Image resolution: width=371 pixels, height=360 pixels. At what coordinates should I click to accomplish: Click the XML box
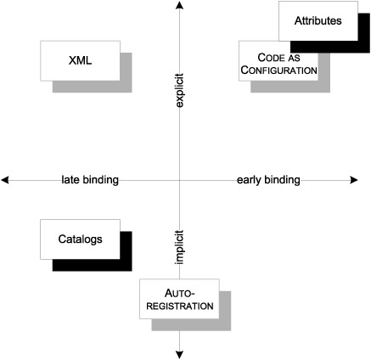(x=80, y=61)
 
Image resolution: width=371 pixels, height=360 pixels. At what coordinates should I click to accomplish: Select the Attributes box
(x=318, y=21)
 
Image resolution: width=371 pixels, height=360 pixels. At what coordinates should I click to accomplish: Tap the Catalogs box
(x=80, y=239)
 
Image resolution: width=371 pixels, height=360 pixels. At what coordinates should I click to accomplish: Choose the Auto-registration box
(x=179, y=299)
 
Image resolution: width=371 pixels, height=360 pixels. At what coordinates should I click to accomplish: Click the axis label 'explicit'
(x=179, y=91)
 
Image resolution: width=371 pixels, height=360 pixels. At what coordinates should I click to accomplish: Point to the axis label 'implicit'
(x=179, y=247)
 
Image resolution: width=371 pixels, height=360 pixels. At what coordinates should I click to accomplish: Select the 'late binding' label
(x=90, y=180)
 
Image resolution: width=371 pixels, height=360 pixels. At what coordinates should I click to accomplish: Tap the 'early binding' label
(x=268, y=180)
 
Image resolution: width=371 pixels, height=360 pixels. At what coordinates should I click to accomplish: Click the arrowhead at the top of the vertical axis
(x=179, y=4)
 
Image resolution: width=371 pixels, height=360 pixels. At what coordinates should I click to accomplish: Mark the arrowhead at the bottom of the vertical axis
(x=179, y=355)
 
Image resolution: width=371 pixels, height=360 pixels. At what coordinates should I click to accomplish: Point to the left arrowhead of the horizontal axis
(x=5, y=180)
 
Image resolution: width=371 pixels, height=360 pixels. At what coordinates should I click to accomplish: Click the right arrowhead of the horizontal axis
(x=354, y=180)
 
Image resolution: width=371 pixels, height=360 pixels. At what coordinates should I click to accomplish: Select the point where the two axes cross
(x=179, y=180)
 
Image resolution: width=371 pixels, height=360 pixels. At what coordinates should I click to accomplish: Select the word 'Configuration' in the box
(x=278, y=70)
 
